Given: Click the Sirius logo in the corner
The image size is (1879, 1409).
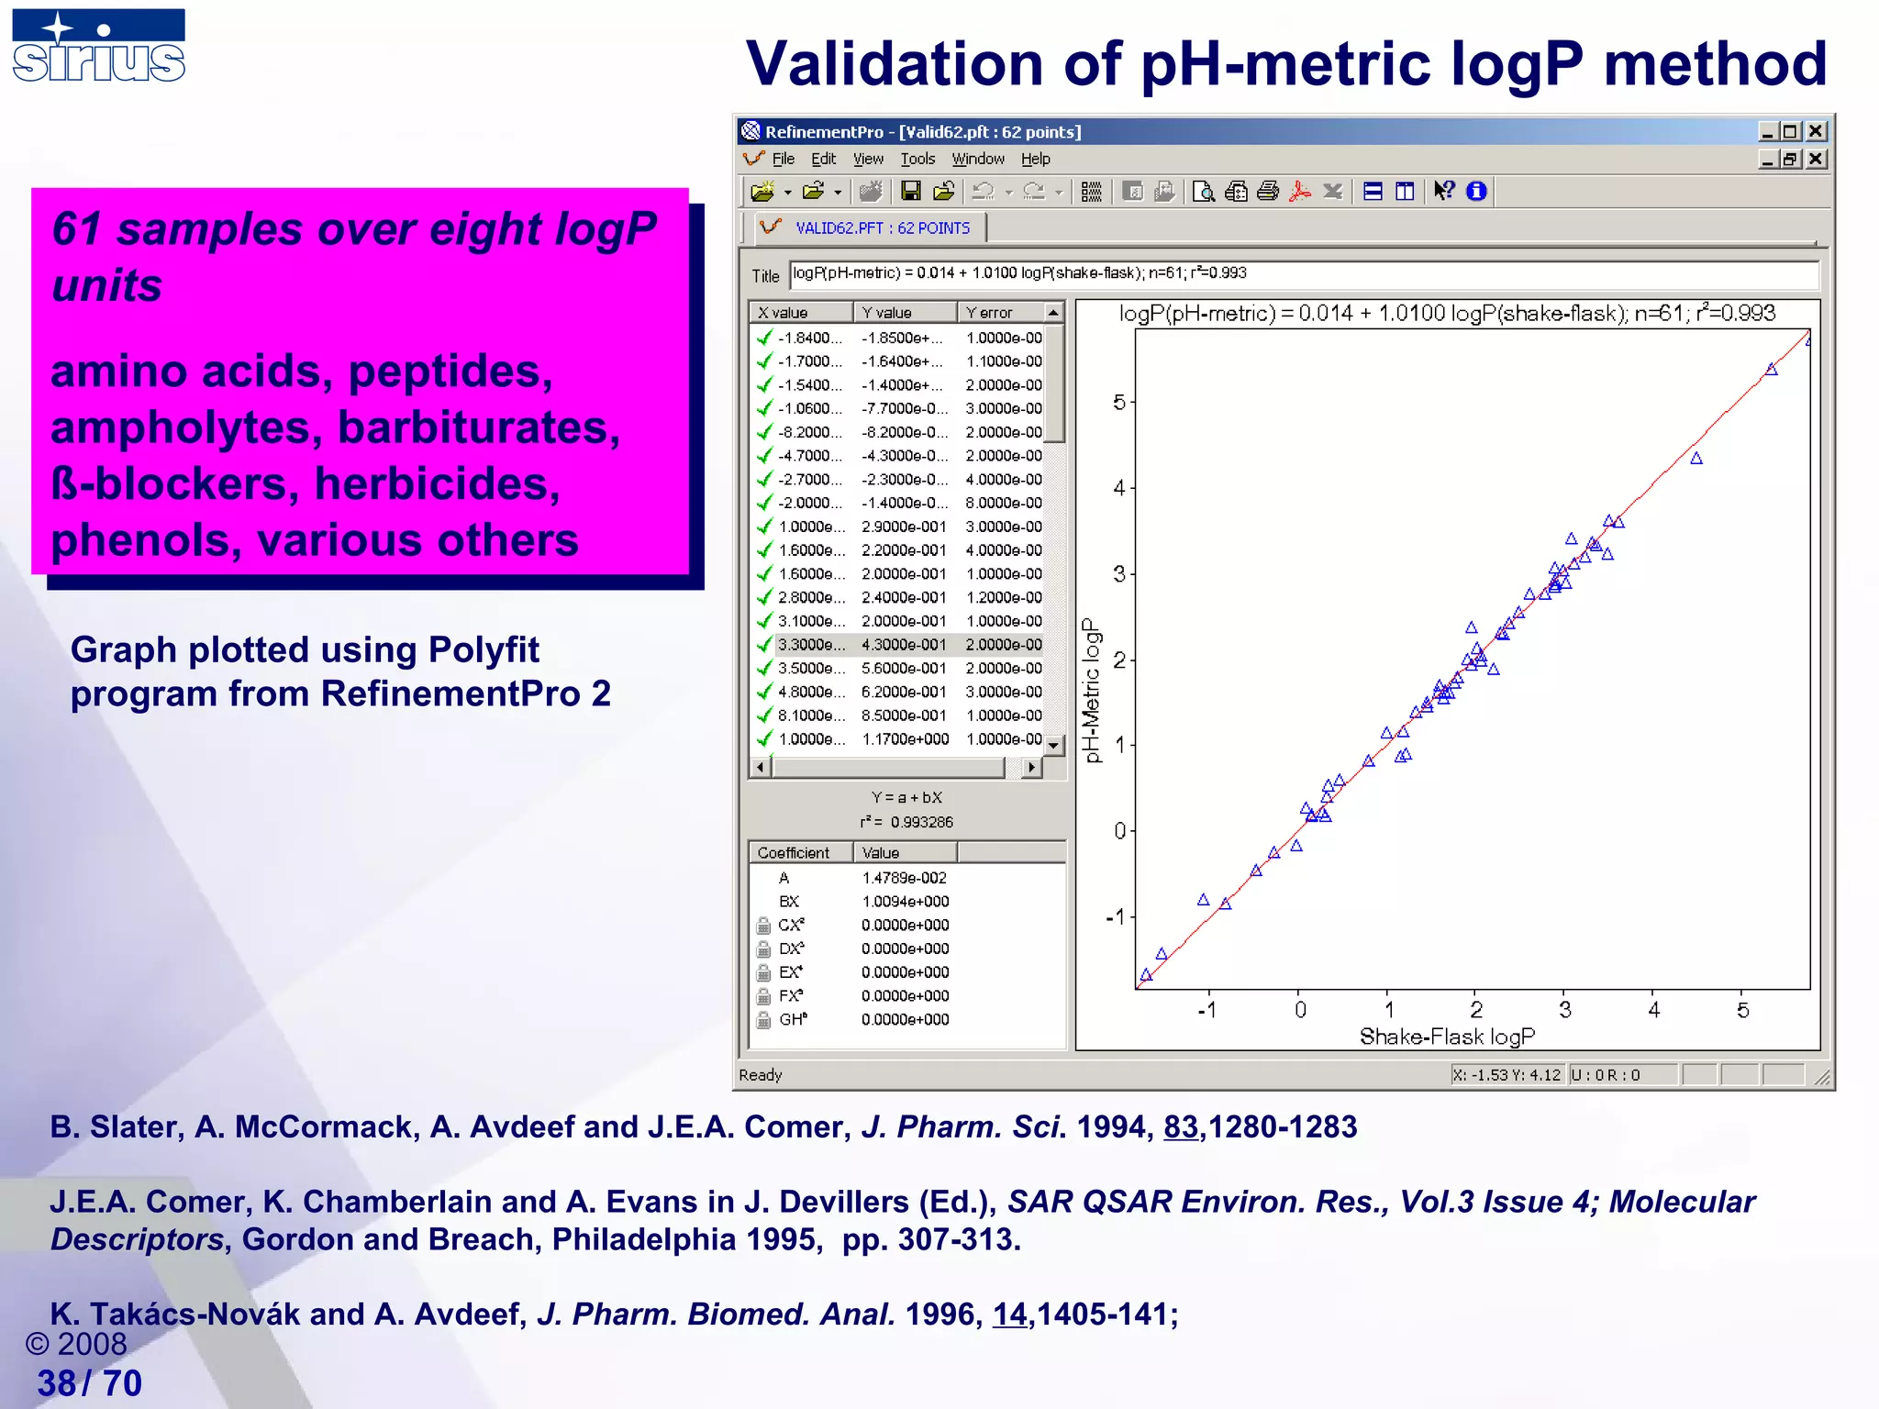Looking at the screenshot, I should click(x=98, y=46).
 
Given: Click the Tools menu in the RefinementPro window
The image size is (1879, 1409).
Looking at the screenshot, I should click(x=917, y=159).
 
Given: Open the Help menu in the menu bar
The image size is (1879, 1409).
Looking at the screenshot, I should click(x=1035, y=159).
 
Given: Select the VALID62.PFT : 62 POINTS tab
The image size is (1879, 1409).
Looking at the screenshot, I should click(x=881, y=227).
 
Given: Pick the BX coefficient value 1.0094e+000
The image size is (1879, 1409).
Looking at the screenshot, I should click(x=905, y=902).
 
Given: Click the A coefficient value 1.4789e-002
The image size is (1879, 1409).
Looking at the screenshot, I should click(x=904, y=878).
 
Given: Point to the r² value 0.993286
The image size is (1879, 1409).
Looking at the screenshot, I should click(x=921, y=822).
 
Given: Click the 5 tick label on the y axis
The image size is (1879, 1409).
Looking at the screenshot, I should click(x=1118, y=402).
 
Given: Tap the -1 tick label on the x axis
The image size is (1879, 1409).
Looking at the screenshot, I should click(x=1206, y=1010).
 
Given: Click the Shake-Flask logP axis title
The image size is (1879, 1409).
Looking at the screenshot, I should click(x=1447, y=1037).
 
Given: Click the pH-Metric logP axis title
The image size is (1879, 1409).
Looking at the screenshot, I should click(x=1091, y=690).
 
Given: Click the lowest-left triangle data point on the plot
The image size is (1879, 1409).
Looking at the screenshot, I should click(x=1146, y=975).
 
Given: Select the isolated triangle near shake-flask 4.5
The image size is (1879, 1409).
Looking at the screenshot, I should click(x=1696, y=459).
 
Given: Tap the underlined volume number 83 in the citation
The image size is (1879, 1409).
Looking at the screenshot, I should click(x=1180, y=1126).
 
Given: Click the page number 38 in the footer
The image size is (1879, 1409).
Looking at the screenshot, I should click(x=56, y=1383).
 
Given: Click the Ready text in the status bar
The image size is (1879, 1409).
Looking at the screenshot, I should click(x=760, y=1075).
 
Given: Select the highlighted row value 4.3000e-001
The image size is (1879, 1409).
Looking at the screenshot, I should click(x=903, y=645).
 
